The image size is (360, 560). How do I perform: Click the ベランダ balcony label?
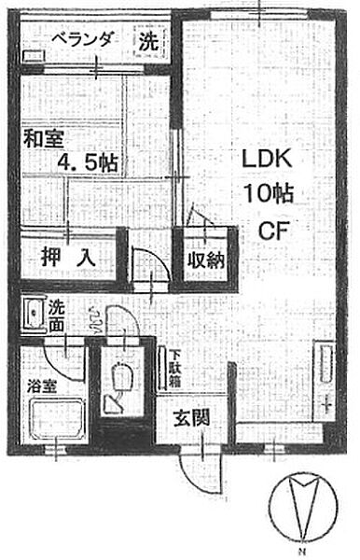pyautogui.click(x=83, y=39)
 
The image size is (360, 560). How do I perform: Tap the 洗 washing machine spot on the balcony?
pyautogui.click(x=147, y=42)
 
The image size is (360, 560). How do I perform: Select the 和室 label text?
pyautogui.click(x=43, y=140)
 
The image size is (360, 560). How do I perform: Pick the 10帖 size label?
pyautogui.click(x=264, y=194)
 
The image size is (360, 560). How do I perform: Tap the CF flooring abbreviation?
pyautogui.click(x=270, y=230)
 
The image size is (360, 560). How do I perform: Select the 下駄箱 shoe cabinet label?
pyautogui.click(x=173, y=366)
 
